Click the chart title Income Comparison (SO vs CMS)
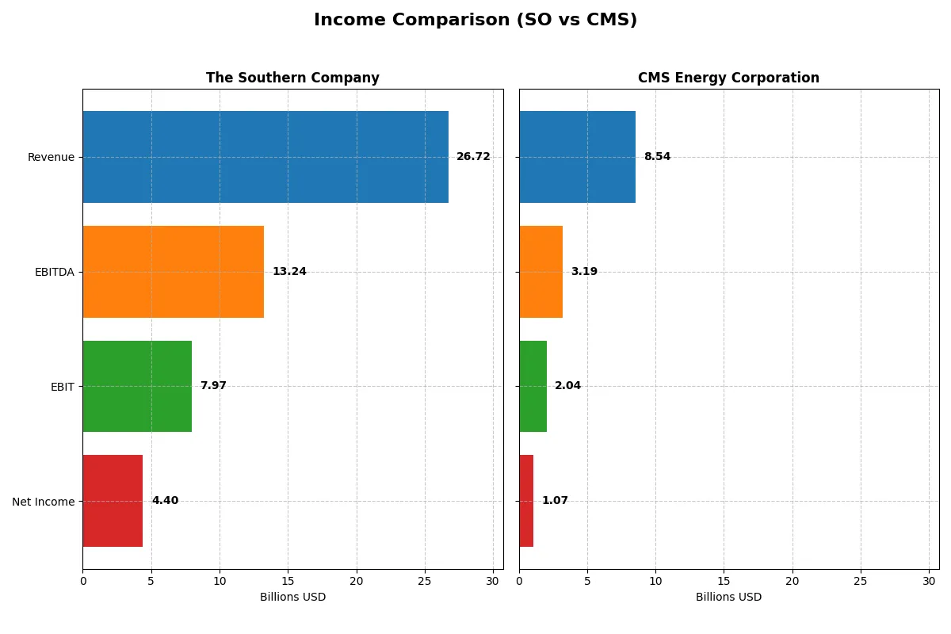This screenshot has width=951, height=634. (475, 20)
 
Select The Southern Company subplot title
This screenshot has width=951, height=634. (292, 78)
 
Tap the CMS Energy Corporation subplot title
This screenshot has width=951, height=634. (728, 78)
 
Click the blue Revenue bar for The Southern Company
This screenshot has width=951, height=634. (265, 157)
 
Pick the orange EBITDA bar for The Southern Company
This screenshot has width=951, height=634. (173, 272)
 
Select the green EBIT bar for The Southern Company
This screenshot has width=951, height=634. (137, 386)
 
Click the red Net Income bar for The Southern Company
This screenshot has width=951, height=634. (113, 501)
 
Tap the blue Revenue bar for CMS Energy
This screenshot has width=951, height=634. (577, 157)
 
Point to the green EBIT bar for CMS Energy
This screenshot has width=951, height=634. (533, 386)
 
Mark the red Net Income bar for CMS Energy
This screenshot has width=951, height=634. (526, 501)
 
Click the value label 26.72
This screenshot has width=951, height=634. (473, 157)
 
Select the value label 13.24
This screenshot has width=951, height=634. (289, 272)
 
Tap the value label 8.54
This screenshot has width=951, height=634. (657, 157)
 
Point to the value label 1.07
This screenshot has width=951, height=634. (555, 501)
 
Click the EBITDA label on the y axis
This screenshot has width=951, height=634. (54, 272)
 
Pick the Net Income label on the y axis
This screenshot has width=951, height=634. (44, 502)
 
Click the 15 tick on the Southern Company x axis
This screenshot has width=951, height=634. (288, 581)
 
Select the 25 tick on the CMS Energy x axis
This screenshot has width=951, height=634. (860, 581)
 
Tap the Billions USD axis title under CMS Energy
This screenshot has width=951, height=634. (728, 597)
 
